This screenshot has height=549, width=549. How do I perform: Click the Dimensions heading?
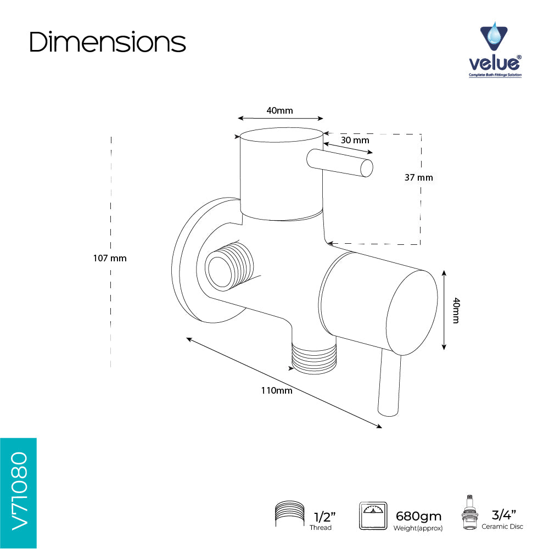point(107,42)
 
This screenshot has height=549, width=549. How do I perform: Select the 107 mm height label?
point(110,259)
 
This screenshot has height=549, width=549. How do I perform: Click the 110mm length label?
point(277,390)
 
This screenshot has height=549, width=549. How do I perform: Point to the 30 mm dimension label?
point(355,141)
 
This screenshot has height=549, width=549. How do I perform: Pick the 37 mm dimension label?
point(419,177)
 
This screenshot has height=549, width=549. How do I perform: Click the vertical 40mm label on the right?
point(456,310)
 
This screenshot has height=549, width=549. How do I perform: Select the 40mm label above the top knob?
point(279,111)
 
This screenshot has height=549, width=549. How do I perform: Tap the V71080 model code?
point(19,491)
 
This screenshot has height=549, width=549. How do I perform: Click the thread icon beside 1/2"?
point(289,514)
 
